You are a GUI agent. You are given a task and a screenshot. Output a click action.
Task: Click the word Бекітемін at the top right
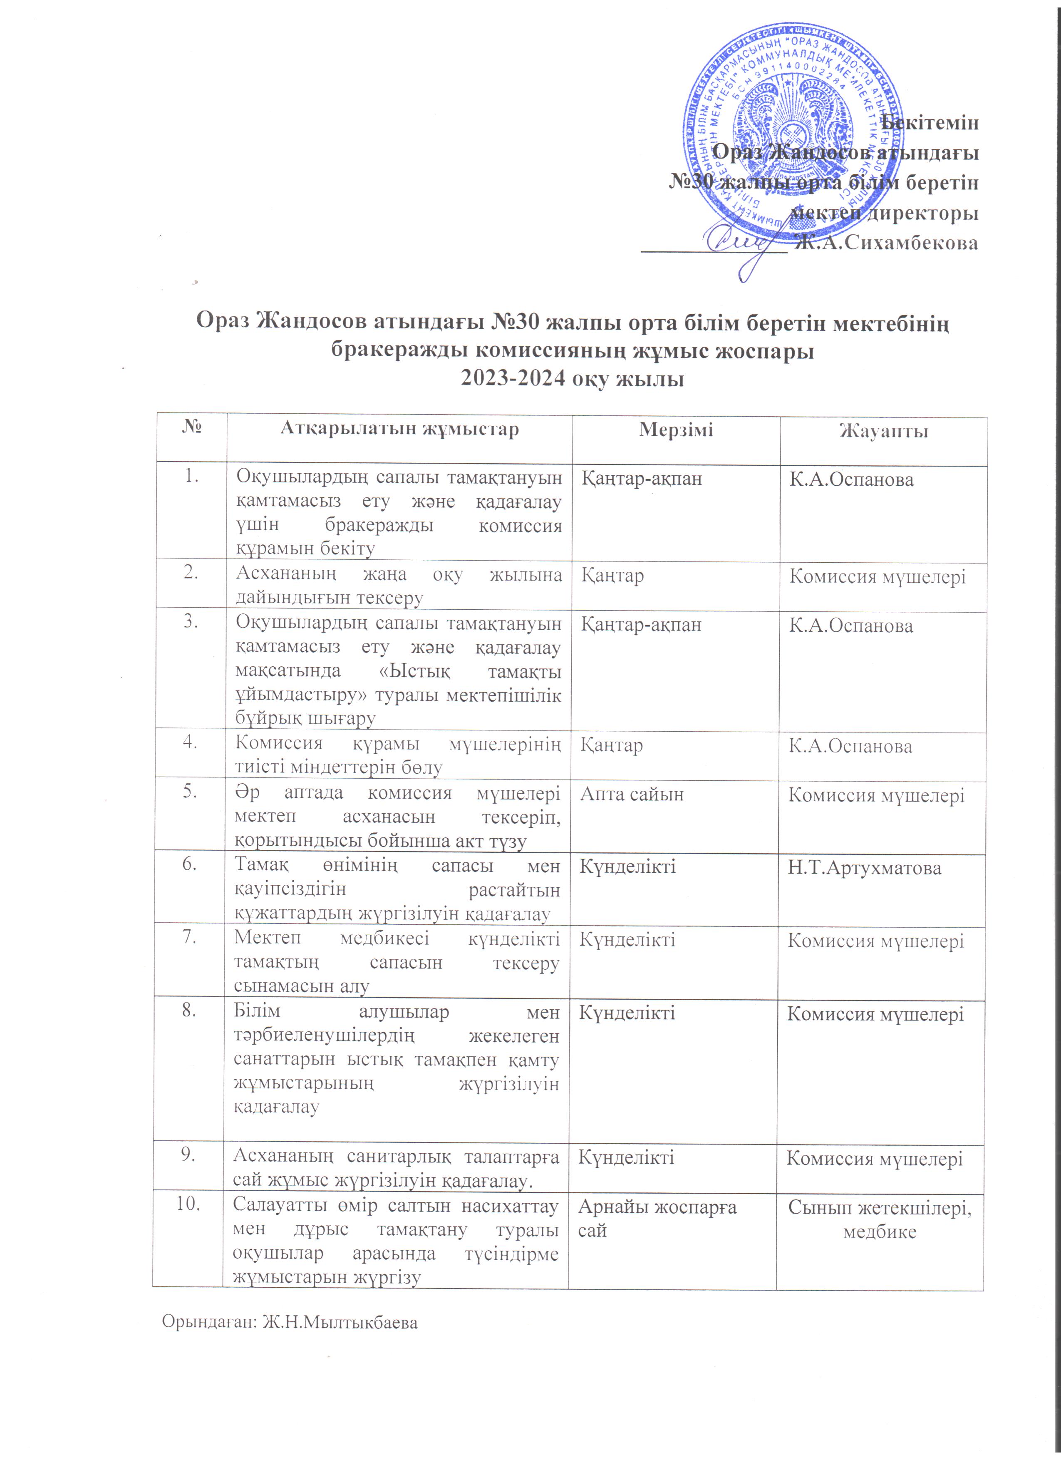click(930, 122)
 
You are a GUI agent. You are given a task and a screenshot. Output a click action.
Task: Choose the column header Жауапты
click(883, 431)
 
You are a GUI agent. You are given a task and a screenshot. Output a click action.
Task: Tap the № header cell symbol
click(191, 428)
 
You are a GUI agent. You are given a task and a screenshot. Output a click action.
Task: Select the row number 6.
click(190, 864)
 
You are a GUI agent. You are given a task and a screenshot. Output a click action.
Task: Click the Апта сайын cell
click(632, 795)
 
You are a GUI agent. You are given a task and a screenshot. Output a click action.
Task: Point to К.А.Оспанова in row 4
click(850, 747)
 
